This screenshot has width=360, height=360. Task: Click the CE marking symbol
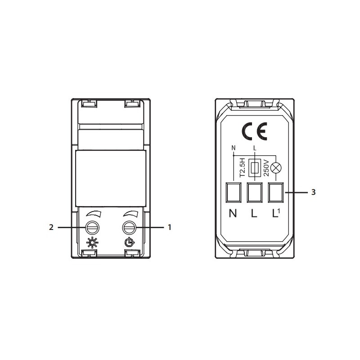[254, 131]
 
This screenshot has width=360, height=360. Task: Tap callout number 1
[170, 227]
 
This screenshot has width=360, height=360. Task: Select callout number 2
[51, 227]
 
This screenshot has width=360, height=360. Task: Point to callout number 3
[313, 192]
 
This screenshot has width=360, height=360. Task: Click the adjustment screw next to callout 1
[129, 228]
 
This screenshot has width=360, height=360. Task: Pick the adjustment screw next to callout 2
[92, 228]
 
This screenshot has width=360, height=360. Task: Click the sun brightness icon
[92, 243]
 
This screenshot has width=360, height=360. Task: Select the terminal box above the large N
[234, 193]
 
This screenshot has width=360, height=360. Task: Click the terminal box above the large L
[254, 193]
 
